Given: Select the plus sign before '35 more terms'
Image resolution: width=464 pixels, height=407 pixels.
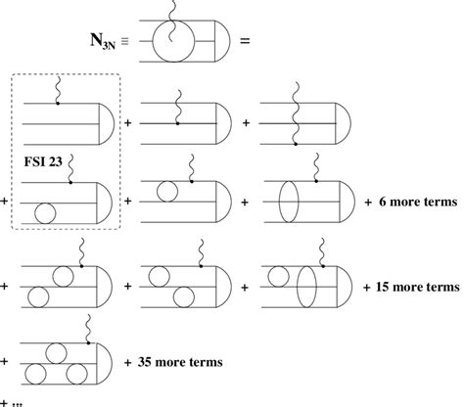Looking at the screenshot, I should click(x=129, y=361).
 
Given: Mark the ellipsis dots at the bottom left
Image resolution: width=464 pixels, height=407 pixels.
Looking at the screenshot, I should click(x=21, y=399).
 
